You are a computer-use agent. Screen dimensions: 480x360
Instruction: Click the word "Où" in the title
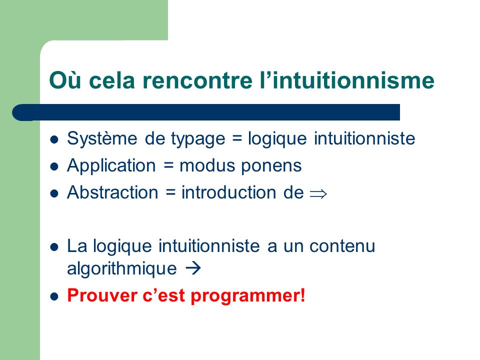coord(65,80)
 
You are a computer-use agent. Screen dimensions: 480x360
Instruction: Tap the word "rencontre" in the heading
coord(197,80)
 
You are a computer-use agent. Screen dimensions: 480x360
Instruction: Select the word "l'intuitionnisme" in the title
coord(347,80)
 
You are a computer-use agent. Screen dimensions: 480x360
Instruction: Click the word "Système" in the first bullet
coord(102,138)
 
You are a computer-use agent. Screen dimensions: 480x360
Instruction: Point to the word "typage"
coord(198,139)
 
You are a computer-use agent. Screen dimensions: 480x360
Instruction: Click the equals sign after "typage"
coord(236,138)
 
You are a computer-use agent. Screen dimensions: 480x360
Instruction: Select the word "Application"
coord(111,166)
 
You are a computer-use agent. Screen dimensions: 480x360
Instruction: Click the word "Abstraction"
coord(112,192)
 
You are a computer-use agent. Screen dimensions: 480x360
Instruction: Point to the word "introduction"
coord(228,192)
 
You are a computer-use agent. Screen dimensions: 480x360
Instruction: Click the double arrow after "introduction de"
coord(318,194)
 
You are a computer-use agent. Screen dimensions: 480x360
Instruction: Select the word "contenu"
coord(342,246)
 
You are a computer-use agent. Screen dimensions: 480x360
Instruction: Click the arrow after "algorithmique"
coord(193,268)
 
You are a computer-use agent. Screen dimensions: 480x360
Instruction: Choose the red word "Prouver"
coord(101,295)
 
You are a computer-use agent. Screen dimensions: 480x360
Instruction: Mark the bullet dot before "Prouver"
coord(54,296)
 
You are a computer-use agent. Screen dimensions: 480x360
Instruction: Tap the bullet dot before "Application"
coord(54,167)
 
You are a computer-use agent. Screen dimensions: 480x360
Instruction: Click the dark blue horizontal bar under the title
coord(206,112)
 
